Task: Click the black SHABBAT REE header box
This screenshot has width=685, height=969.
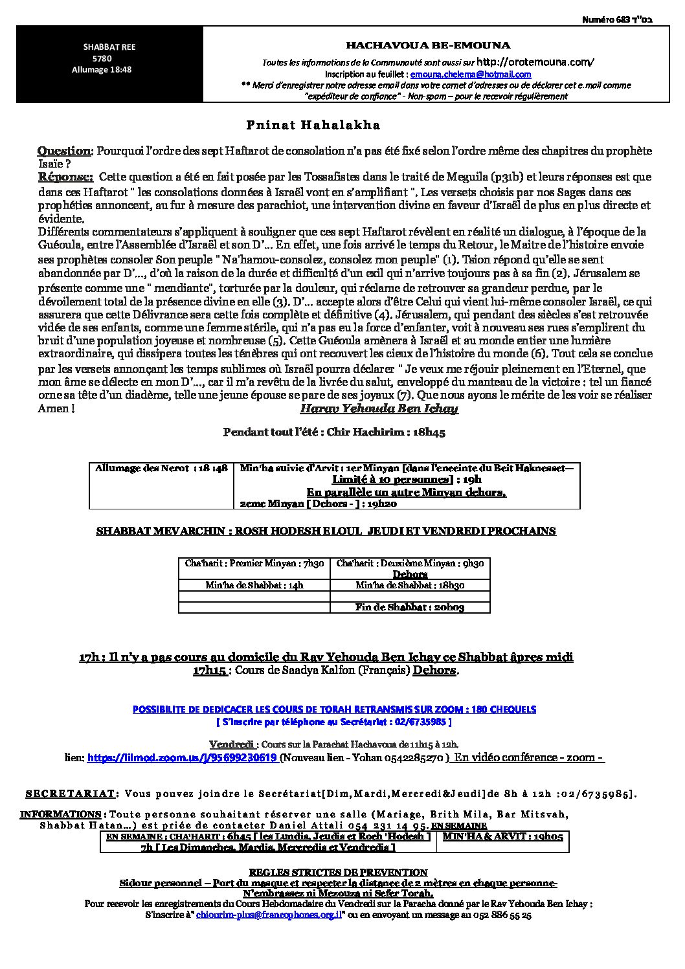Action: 109,64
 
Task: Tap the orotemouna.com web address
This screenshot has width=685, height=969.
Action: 534,62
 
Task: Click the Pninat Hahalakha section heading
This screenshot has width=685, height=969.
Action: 313,125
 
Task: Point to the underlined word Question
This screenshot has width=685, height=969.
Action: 65,151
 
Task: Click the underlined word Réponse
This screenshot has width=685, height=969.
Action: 65,177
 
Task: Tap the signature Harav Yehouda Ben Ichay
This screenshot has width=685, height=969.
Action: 379,408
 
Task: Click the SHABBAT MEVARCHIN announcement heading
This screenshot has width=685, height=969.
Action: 326,531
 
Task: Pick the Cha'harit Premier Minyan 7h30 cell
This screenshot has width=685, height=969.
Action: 254,564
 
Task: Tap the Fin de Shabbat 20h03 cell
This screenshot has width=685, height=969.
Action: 410,607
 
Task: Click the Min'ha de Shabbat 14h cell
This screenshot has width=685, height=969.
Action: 254,585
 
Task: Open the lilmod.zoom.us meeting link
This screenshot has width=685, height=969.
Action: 183,757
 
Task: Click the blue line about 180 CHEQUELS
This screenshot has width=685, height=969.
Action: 334,709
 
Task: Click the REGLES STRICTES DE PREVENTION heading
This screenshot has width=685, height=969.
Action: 338,873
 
